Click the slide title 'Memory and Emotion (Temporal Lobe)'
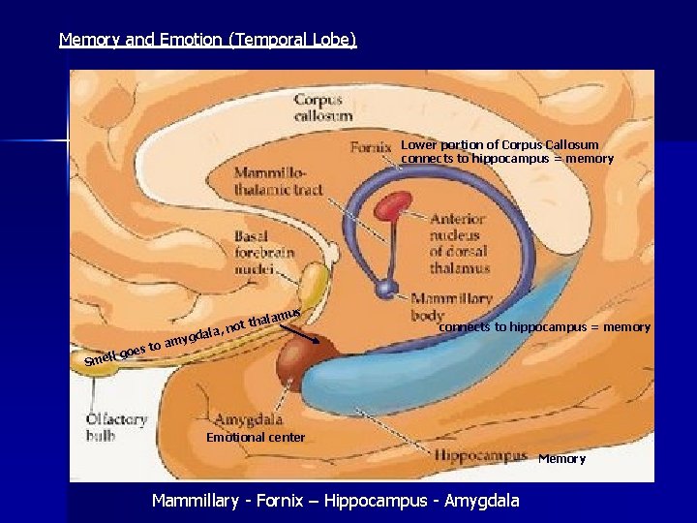point(208,40)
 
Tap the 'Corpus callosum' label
point(318,107)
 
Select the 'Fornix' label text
point(371,148)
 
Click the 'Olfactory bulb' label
point(115,427)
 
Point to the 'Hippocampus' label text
point(480,454)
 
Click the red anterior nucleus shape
point(394,205)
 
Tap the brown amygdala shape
point(305,363)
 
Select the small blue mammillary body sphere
point(387,288)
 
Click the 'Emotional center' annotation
point(256,437)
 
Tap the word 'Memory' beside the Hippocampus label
point(561,458)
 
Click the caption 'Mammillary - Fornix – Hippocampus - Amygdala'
point(335,501)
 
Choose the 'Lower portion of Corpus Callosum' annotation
point(500,145)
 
